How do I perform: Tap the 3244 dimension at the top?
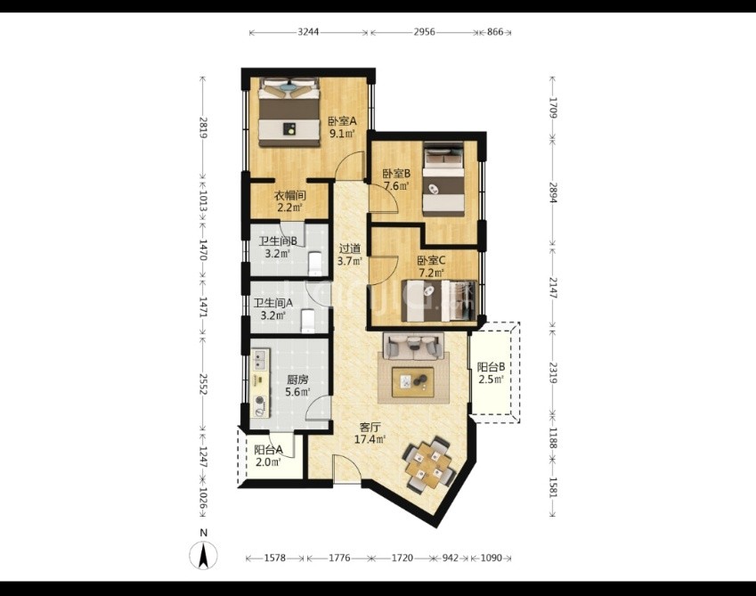(x=308, y=32)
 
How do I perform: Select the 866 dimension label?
(x=495, y=32)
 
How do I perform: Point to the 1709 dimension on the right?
(x=553, y=108)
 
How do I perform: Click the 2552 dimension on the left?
(x=203, y=383)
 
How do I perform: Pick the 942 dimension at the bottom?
(x=451, y=558)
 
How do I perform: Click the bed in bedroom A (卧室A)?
(x=289, y=112)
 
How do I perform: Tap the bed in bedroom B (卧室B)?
(x=443, y=179)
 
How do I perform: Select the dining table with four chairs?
(x=429, y=464)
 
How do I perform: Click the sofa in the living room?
(x=413, y=346)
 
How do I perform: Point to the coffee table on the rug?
(x=412, y=382)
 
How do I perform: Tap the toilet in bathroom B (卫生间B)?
(x=314, y=264)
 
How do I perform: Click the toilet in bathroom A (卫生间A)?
(x=307, y=320)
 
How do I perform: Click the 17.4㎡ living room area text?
(x=370, y=439)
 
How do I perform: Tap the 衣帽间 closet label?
(x=290, y=196)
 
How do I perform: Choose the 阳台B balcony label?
(x=492, y=367)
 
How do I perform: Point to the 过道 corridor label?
(x=350, y=249)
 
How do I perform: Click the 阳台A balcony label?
(x=268, y=451)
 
